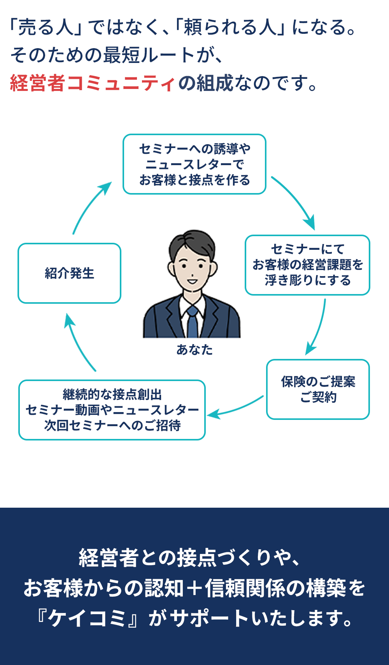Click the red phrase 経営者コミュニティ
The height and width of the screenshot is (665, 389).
93,83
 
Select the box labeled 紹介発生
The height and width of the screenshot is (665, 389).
69,273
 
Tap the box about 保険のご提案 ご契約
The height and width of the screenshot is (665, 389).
318,389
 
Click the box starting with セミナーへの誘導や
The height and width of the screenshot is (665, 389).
194,164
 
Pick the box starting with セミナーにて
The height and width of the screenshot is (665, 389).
307,265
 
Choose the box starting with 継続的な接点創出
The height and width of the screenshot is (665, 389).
112,410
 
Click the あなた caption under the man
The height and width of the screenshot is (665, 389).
194,350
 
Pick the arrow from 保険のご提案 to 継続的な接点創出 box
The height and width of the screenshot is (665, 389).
235,408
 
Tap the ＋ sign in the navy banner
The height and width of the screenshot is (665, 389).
193,588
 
